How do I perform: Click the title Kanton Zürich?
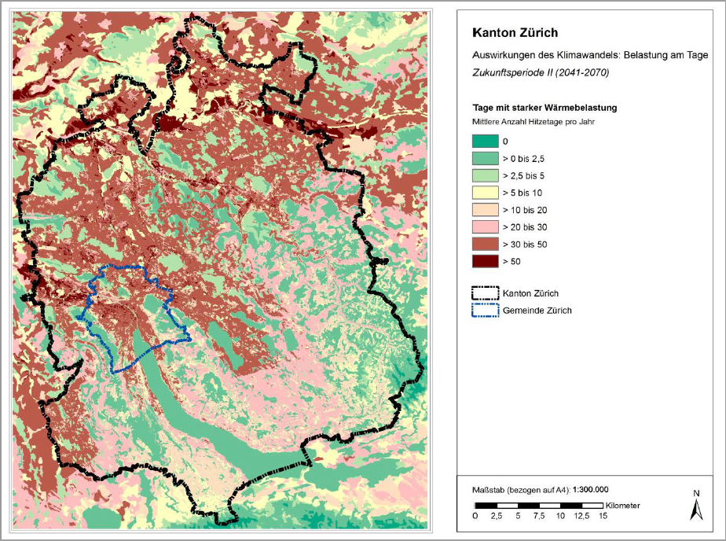tap(515, 34)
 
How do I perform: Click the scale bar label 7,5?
tap(539, 516)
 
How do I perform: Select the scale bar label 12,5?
tap(581, 516)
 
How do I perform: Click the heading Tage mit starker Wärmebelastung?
tap(544, 108)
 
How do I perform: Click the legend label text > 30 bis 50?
tap(524, 245)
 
